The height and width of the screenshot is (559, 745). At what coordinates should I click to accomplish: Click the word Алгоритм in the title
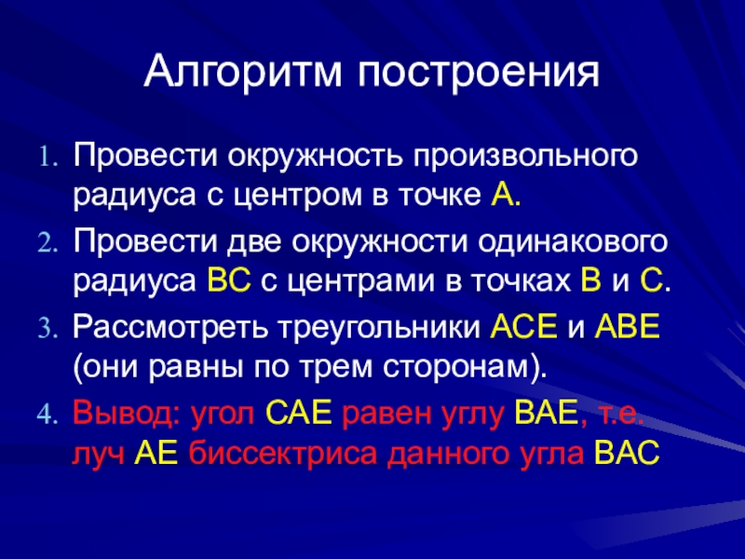(243, 73)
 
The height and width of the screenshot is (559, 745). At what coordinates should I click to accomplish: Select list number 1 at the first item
(47, 157)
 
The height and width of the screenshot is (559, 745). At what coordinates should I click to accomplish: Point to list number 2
(47, 243)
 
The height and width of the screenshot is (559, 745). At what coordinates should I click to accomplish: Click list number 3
(47, 329)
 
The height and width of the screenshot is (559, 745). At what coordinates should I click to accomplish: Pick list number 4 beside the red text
(47, 415)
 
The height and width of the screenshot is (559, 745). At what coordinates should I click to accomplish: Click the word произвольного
(525, 157)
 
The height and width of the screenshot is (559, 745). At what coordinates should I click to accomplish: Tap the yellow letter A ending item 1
(501, 195)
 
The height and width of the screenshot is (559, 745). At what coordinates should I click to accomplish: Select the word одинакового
(573, 243)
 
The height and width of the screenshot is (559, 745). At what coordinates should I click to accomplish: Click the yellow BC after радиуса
(229, 280)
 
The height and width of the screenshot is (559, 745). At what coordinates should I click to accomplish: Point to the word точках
(521, 280)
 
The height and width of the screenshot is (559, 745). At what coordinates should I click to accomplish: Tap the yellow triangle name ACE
(523, 327)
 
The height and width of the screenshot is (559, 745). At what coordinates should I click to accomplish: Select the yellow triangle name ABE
(628, 327)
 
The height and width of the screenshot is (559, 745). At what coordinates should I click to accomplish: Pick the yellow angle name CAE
(298, 413)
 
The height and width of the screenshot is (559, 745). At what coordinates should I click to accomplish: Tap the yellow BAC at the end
(627, 453)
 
